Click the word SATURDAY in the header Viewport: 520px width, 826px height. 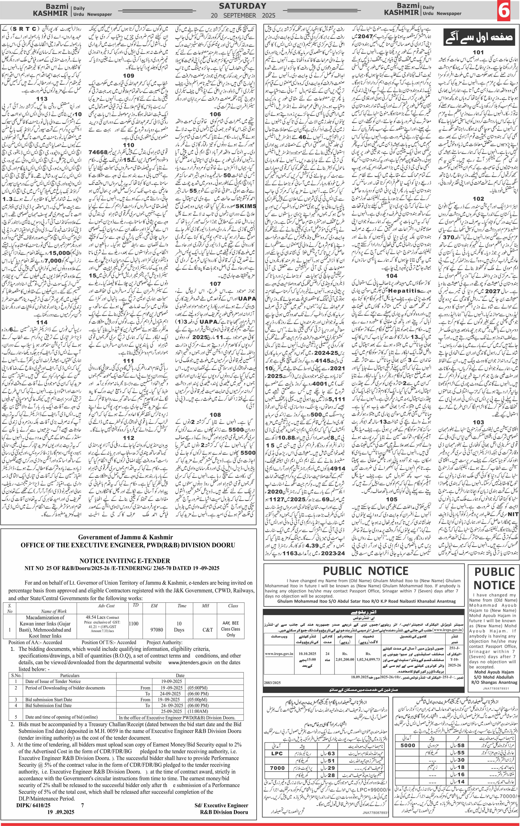[243, 6]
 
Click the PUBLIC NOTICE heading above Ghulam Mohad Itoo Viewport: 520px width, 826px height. [366, 571]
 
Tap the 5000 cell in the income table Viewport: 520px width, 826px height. [408, 745]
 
